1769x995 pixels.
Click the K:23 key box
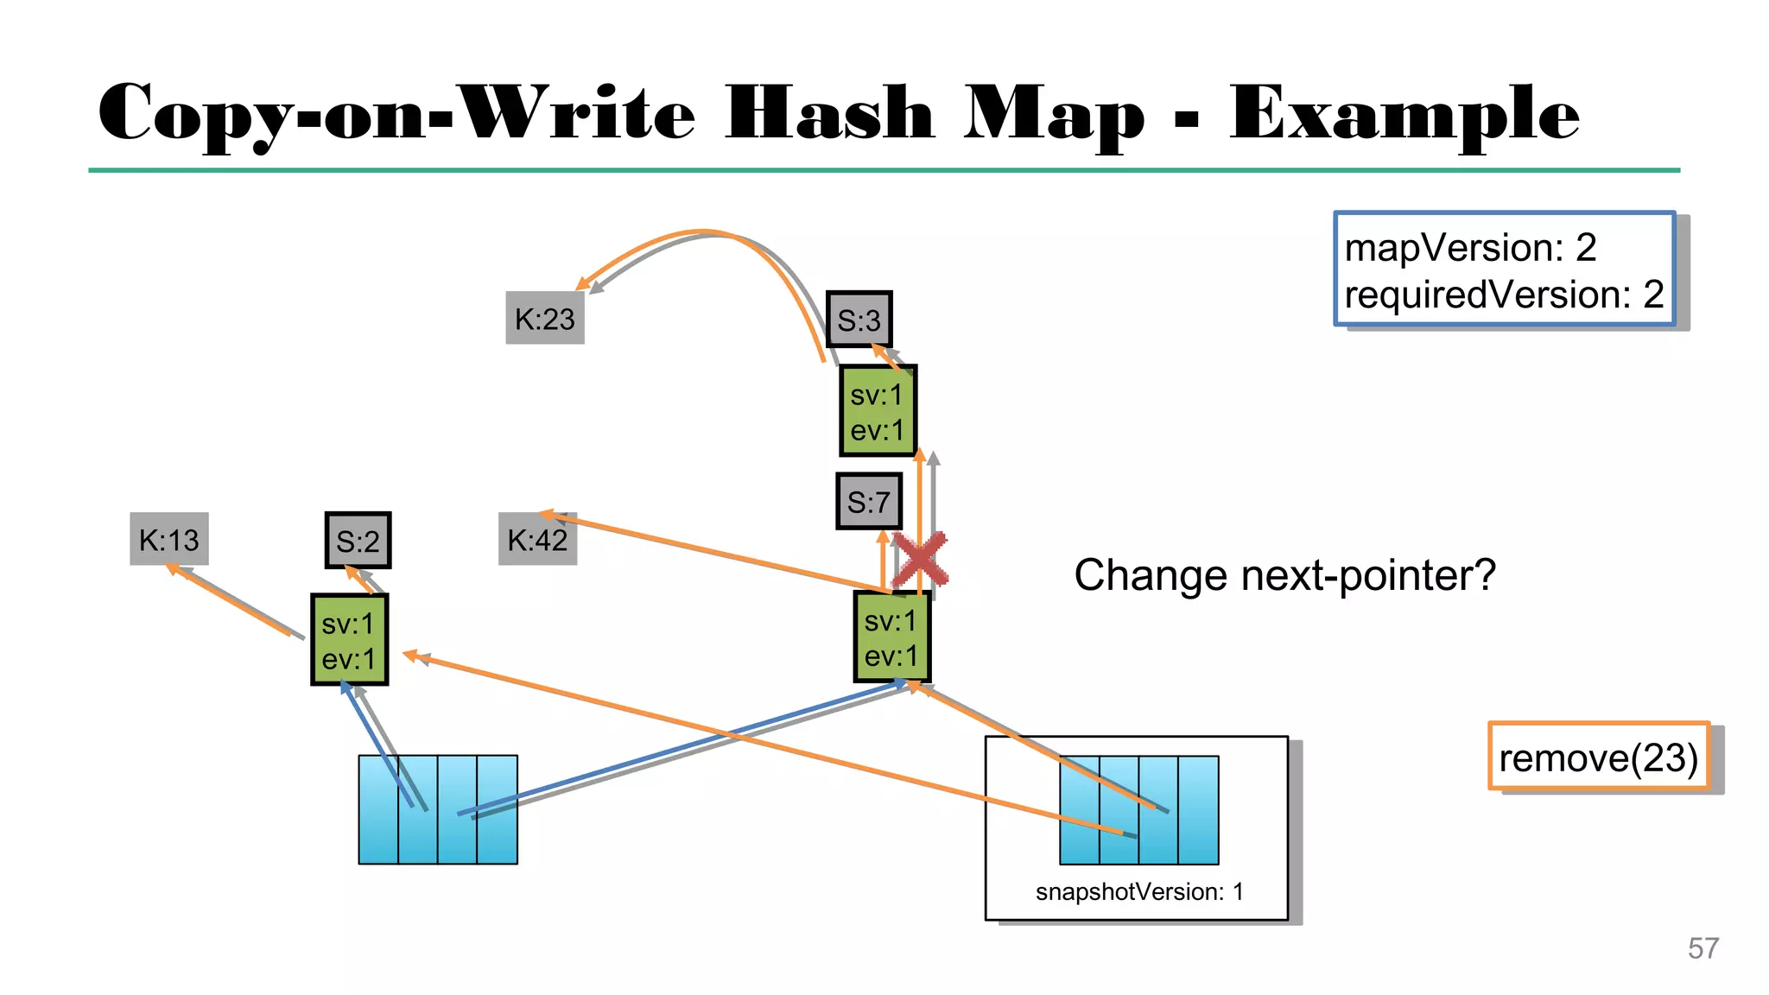tap(544, 319)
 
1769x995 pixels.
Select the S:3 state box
tap(859, 320)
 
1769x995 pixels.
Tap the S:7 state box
tap(868, 502)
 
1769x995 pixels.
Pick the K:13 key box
tap(169, 540)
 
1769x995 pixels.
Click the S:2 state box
tap(358, 542)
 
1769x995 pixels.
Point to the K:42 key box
tap(536, 540)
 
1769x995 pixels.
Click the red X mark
tap(920, 560)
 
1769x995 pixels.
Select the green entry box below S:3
tap(878, 412)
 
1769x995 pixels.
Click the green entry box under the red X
tap(891, 637)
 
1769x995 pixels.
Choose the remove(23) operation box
tap(1598, 757)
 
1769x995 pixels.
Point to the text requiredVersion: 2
tap(1503, 295)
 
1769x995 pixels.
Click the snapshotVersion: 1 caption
tap(1139, 891)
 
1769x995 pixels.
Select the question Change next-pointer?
tap(1284, 575)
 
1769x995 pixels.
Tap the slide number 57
tap(1702, 948)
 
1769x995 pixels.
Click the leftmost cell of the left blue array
tap(378, 809)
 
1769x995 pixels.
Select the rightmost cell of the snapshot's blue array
tap(1198, 809)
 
